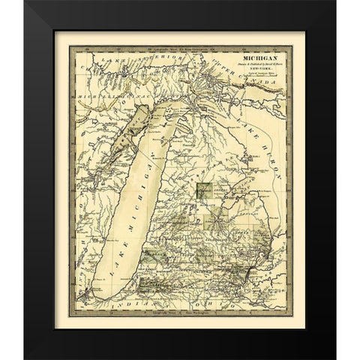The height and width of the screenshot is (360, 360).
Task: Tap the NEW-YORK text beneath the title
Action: click(256, 71)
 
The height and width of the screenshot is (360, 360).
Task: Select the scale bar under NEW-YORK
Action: click(256, 80)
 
